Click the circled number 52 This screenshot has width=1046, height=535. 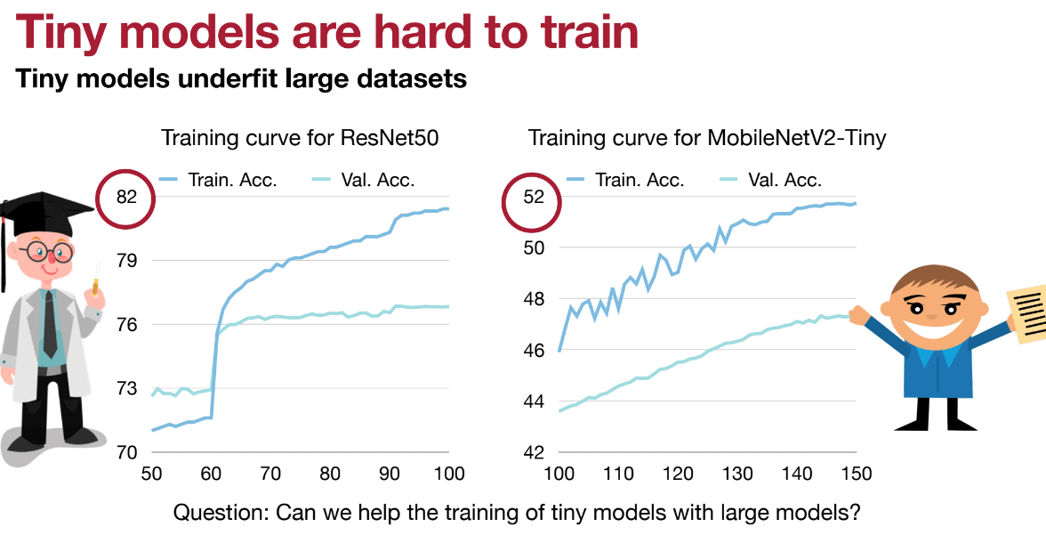pyautogui.click(x=532, y=197)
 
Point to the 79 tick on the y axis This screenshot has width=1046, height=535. pyautogui.click(x=125, y=261)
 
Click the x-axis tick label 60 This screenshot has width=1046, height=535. pyautogui.click(x=210, y=472)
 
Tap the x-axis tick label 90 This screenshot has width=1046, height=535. pyautogui.click(x=390, y=472)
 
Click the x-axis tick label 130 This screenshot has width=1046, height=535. pyautogui.click(x=737, y=472)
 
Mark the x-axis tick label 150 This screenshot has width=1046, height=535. pyautogui.click(x=857, y=472)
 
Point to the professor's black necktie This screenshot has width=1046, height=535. pyautogui.click(x=50, y=320)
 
